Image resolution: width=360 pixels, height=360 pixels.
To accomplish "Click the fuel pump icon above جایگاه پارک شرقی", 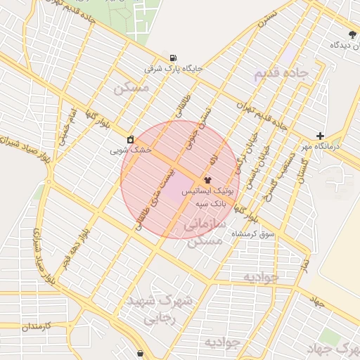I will pos(173,58).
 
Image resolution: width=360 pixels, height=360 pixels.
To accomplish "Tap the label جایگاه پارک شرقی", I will pos(173,69).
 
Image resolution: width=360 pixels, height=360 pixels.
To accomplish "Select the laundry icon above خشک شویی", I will pos(131,139).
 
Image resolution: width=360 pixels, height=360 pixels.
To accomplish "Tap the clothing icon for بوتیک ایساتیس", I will pos(207,180).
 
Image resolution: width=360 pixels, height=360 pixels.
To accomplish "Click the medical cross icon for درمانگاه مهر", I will pos(321,136).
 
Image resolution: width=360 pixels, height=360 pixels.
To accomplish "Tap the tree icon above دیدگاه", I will pos(352,34).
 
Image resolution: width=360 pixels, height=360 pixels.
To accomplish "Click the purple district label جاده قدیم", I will pos(281,73).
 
